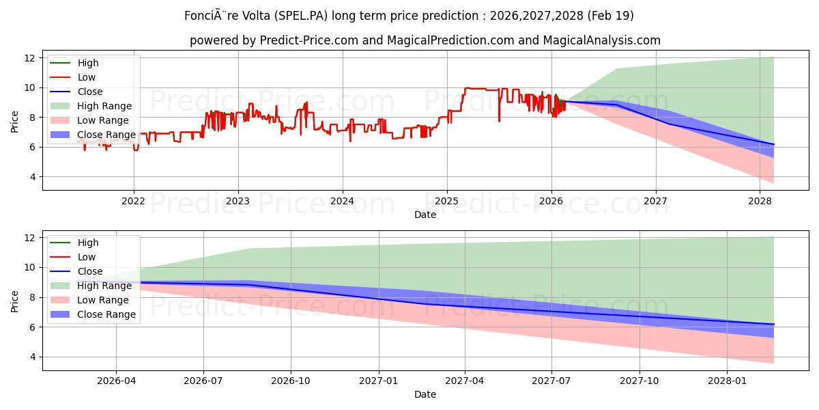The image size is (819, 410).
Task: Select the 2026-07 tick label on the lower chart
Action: (203, 381)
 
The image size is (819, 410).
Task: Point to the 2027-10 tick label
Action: (640, 381)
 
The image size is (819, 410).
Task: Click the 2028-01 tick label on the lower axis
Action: (728, 381)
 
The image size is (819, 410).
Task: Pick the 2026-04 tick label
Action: (116, 381)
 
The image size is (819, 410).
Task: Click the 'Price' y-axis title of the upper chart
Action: (15, 122)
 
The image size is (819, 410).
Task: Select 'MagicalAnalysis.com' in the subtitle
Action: (601, 40)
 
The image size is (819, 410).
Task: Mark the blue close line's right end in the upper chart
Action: (773, 144)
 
